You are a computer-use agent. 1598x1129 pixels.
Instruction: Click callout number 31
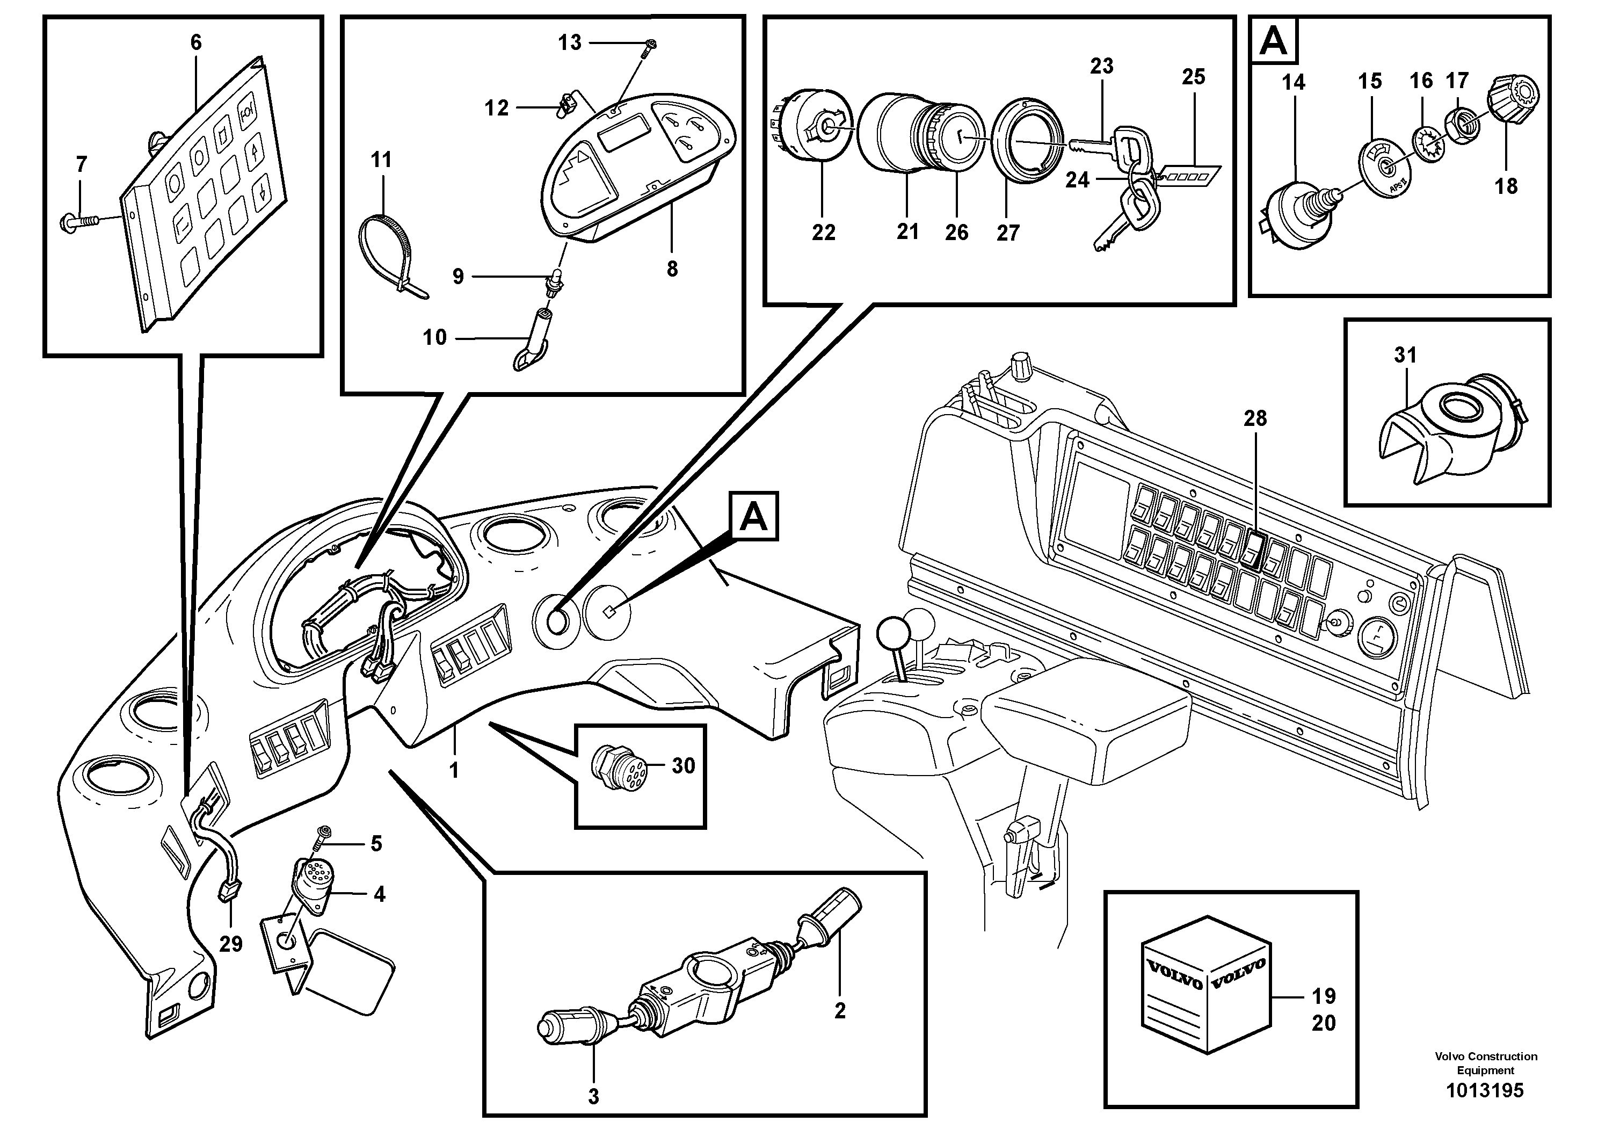1405,355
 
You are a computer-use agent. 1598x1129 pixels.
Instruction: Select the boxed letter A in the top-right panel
1274,42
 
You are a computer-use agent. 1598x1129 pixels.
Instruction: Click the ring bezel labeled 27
1027,143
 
